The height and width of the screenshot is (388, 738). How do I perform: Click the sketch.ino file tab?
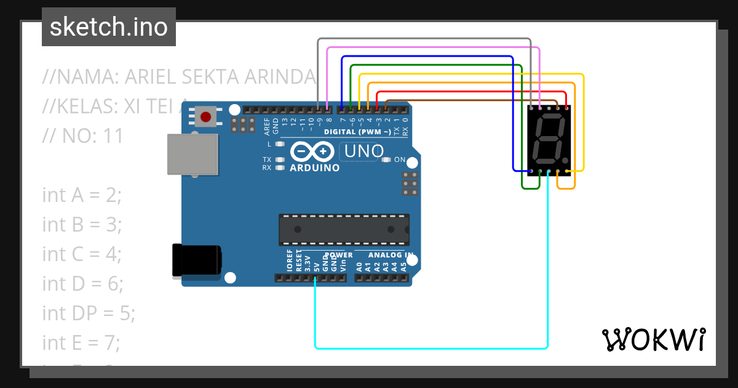point(109,27)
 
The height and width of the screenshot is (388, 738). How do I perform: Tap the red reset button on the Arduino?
point(206,116)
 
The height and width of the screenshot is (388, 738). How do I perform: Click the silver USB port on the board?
point(192,153)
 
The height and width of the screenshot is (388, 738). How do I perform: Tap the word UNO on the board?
point(364,151)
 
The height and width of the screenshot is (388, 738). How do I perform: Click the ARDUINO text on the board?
point(314,168)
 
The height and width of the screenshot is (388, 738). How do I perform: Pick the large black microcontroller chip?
point(344,229)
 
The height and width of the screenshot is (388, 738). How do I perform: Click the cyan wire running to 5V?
point(430,348)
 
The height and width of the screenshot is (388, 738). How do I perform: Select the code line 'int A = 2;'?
point(82,195)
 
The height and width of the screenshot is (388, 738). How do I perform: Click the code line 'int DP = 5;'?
point(89,313)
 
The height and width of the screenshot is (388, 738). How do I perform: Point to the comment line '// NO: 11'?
point(83,135)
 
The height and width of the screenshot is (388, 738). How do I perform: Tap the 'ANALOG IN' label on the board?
point(391,255)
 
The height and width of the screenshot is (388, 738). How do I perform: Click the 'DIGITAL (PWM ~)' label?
point(357,132)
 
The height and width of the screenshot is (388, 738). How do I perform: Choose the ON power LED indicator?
point(386,160)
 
